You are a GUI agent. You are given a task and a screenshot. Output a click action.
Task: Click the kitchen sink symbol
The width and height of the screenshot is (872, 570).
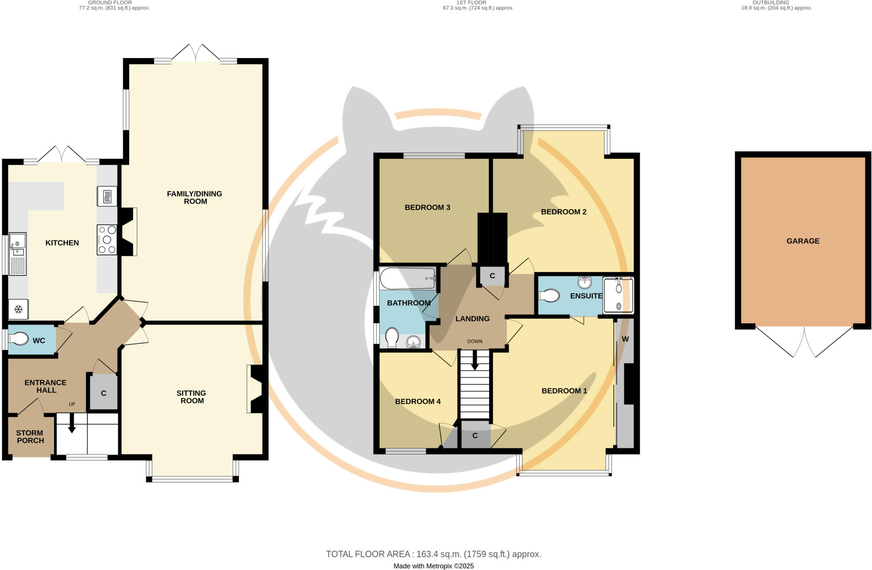click(17, 254)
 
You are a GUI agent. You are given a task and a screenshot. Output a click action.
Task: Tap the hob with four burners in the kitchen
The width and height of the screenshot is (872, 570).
click(107, 240)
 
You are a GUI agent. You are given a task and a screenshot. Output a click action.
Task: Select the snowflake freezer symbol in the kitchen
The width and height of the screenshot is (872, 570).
click(18, 309)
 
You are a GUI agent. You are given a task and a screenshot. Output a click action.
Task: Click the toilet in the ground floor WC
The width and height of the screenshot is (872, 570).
click(18, 339)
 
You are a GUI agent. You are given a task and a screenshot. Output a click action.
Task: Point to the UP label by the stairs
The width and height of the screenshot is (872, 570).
click(72, 404)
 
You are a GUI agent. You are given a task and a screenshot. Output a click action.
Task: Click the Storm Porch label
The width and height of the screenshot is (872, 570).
click(30, 437)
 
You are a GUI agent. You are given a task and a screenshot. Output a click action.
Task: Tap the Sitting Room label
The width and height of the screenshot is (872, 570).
click(192, 397)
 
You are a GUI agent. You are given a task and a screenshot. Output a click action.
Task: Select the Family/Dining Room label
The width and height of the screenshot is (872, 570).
click(195, 198)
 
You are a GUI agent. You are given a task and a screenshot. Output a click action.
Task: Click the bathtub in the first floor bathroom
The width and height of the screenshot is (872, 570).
click(407, 278)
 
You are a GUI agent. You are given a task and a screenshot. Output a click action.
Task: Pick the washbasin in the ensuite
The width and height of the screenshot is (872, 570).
click(585, 282)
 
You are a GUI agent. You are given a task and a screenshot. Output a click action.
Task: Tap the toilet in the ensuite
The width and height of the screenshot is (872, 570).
click(549, 295)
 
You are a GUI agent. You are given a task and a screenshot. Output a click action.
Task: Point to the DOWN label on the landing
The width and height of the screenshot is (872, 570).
click(475, 341)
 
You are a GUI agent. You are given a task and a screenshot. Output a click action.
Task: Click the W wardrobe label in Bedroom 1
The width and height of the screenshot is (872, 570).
click(625, 339)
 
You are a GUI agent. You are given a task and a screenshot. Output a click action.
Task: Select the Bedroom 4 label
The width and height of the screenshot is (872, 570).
click(418, 401)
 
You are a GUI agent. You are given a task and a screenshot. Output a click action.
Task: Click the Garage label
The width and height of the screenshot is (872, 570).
click(803, 241)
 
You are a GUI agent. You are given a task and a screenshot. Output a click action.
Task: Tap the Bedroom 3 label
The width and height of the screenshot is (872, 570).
click(427, 208)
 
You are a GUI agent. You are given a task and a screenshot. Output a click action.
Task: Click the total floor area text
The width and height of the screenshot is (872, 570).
click(433, 554)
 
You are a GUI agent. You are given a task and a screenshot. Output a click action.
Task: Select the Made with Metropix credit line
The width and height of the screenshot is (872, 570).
click(433, 566)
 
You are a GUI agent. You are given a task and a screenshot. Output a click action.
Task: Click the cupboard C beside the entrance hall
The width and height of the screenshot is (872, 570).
click(103, 393)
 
